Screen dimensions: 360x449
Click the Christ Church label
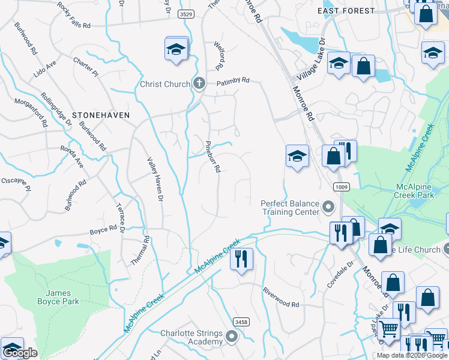[x=165, y=84]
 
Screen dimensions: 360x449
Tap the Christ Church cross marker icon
[x=199, y=84]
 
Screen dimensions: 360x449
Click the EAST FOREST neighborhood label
[x=346, y=11]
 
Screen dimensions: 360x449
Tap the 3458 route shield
[x=241, y=322]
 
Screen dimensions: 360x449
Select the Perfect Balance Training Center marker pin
[x=328, y=208]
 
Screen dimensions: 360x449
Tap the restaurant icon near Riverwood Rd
[x=242, y=259]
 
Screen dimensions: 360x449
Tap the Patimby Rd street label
[x=233, y=81]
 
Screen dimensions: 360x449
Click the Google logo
[x=20, y=353]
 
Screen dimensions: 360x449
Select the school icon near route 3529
[x=176, y=49]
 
